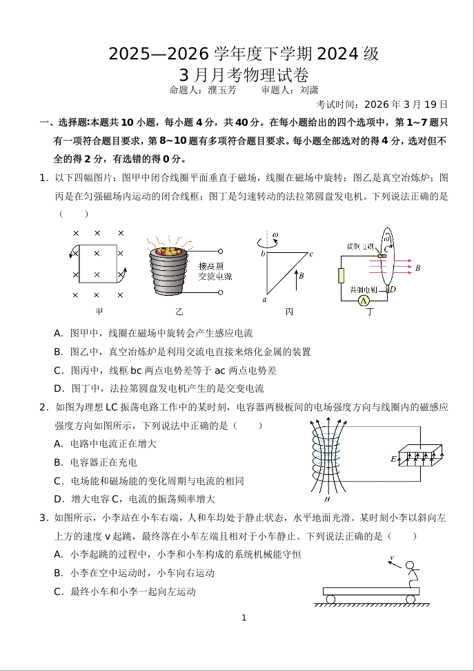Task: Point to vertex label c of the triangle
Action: (x=311, y=254)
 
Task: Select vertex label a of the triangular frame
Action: (x=264, y=300)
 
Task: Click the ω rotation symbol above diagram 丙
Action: (x=275, y=236)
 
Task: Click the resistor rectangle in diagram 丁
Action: (x=340, y=276)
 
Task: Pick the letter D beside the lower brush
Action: (x=392, y=289)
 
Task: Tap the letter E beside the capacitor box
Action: (x=393, y=459)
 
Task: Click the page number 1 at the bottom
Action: (x=244, y=617)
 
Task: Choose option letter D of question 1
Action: (x=59, y=388)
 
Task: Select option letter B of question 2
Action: (x=59, y=462)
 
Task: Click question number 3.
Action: (x=43, y=518)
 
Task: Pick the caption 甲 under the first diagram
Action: (x=99, y=312)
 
